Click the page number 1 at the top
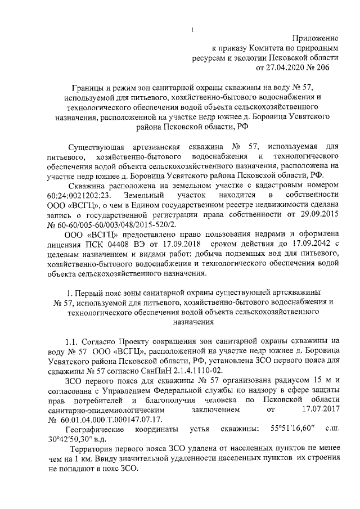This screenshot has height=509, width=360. (192, 30)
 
